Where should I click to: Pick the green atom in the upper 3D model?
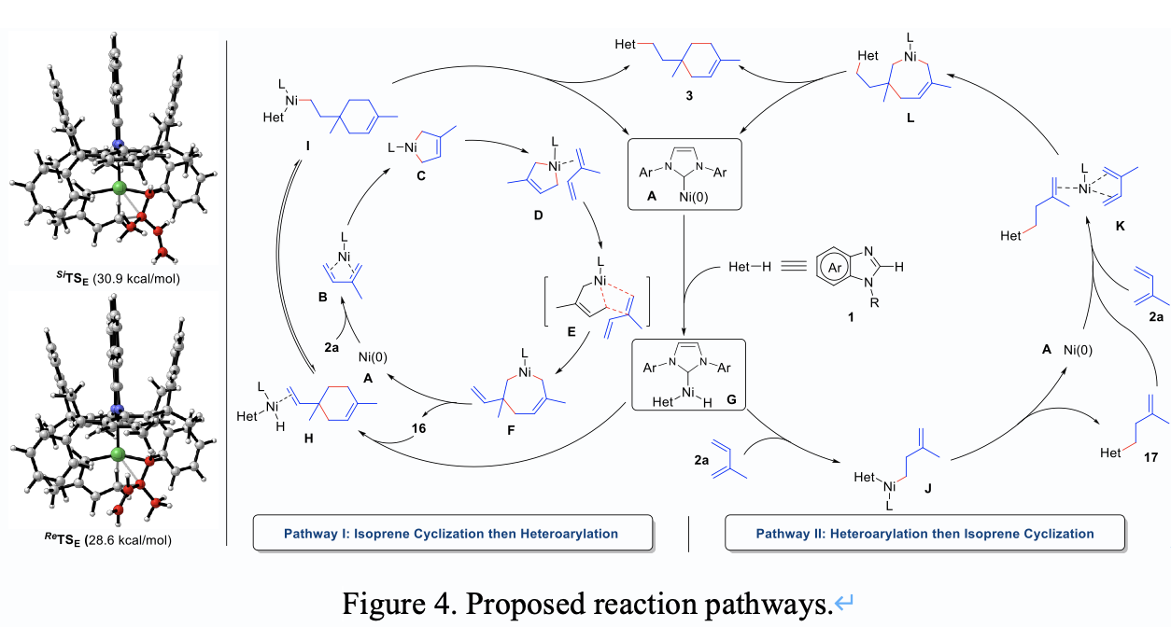click(x=118, y=189)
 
